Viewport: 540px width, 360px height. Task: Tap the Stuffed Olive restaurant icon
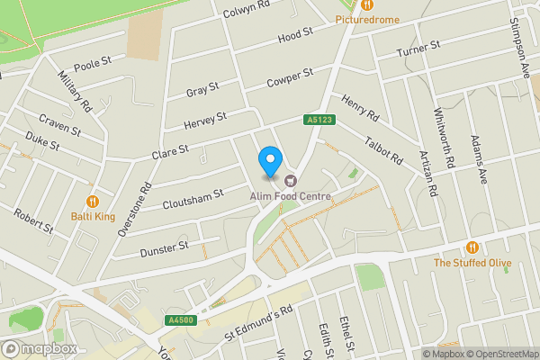click(472, 247)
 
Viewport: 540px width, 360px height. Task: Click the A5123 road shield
click(319, 119)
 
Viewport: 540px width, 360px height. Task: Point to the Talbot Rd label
click(384, 147)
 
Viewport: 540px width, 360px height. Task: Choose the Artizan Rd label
click(427, 171)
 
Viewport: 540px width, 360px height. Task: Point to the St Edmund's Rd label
click(260, 322)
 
